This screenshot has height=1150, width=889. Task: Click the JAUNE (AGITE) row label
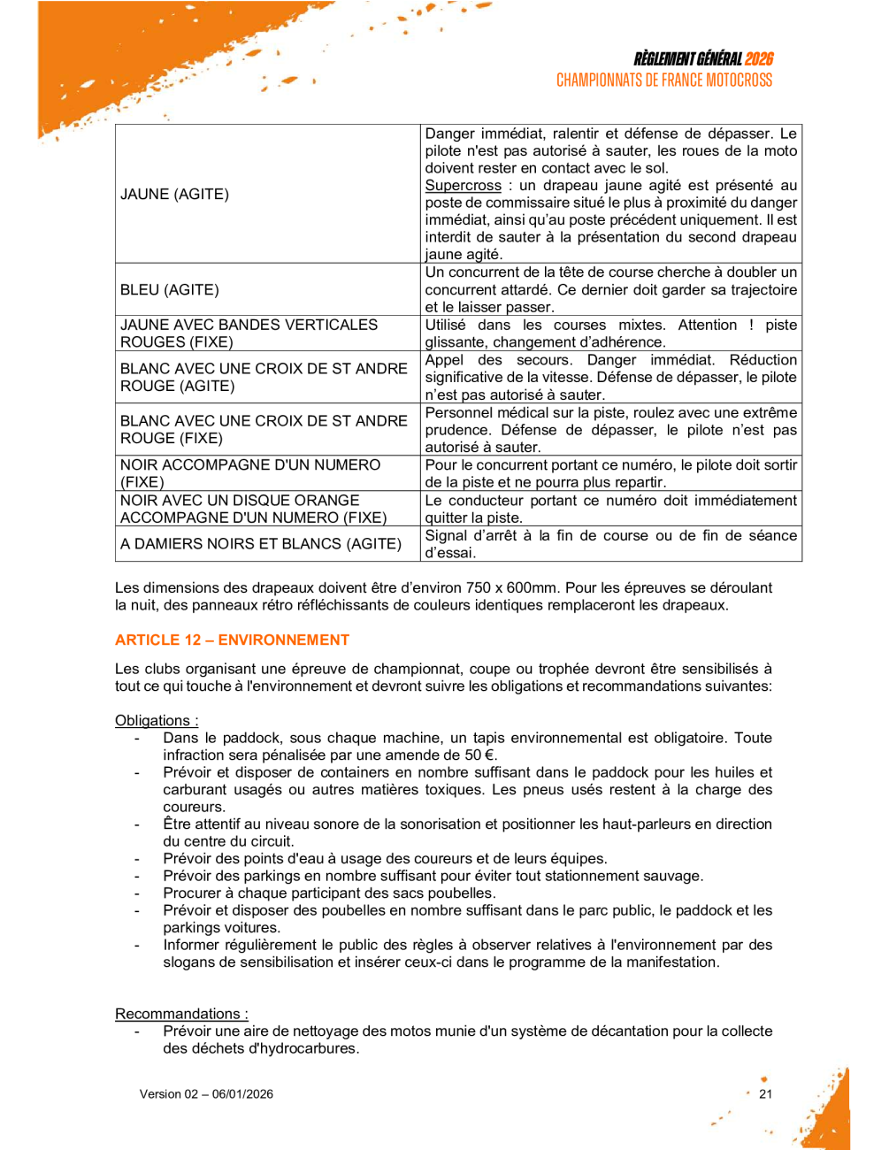pos(174,194)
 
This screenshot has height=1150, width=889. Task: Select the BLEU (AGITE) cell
pos(170,289)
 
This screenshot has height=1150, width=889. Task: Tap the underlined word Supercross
pos(463,186)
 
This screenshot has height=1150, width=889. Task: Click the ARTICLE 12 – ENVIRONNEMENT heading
pos(232,640)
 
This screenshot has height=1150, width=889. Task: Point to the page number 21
pos(765,1093)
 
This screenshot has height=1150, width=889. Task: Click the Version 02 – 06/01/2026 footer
pos(206,1093)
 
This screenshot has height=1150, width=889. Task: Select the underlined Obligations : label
pos(157,720)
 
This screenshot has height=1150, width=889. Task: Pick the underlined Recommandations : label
pos(181,1014)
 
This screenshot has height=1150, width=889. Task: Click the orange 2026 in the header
pos(759,59)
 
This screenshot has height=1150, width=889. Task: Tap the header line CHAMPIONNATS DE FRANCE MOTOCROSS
pos(664,80)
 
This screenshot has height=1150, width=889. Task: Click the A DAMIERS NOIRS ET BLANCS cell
pos(261,543)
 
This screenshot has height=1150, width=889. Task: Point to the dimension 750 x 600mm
pos(502,587)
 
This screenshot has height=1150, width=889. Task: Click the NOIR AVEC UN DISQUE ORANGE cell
pos(253,509)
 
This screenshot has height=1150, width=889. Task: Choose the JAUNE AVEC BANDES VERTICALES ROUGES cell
pos(249,333)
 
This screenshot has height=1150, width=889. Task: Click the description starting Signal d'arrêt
pos(610,544)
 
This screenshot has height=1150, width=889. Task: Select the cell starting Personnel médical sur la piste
pos(610,430)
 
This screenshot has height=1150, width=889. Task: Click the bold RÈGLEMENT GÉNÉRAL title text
pos(687,59)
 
